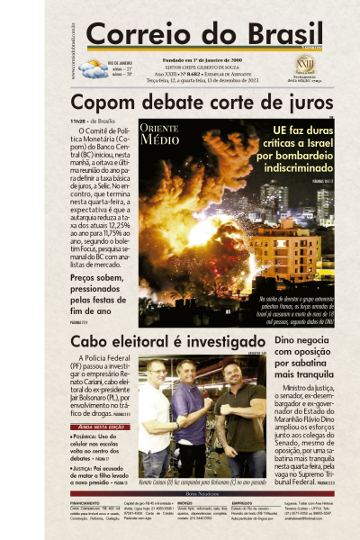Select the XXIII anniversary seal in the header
(x=305, y=65)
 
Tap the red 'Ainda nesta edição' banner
(x=96, y=427)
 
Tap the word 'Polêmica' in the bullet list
(x=84, y=436)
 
